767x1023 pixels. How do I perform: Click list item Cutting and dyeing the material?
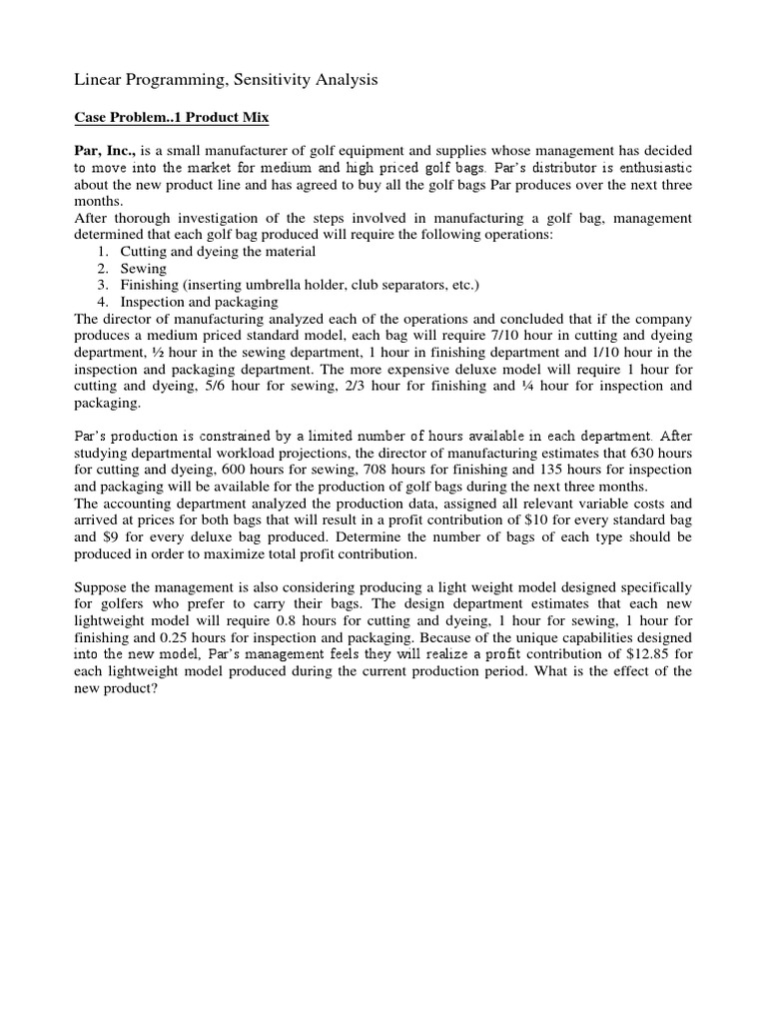point(218,252)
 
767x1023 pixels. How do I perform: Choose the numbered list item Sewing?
point(144,269)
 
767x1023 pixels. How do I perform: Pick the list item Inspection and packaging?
point(200,302)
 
